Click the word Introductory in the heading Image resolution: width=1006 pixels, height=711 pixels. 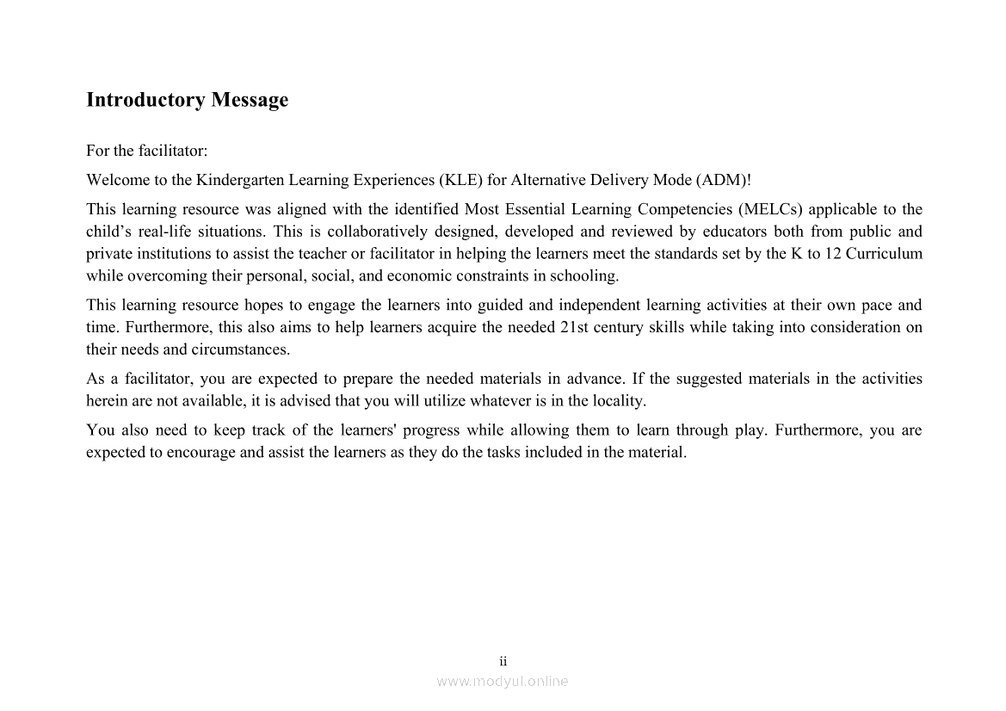(145, 100)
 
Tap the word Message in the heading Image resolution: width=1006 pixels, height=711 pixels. (250, 100)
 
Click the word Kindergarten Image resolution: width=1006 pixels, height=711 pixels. (240, 180)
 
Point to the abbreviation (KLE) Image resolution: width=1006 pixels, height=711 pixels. (460, 180)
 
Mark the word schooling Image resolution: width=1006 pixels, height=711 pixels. (586, 276)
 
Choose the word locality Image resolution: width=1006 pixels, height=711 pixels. (620, 401)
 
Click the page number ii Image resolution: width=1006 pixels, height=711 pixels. (503, 661)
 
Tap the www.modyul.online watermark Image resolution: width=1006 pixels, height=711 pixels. (503, 681)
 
